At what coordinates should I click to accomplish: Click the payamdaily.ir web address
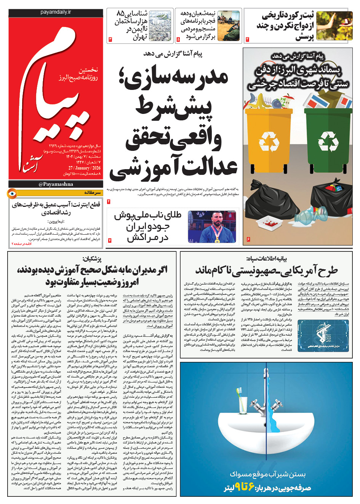[56, 12]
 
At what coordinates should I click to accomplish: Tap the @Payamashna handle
[56, 184]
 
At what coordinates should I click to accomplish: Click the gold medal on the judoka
[218, 240]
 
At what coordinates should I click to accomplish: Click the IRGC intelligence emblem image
[323, 336]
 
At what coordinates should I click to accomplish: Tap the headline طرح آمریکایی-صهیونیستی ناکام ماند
[266, 271]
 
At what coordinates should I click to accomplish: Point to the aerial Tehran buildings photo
[160, 26]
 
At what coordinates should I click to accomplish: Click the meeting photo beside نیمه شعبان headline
[229, 26]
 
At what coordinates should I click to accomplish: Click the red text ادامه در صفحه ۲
[22, 244]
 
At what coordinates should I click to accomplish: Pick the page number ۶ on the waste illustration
[248, 239]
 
